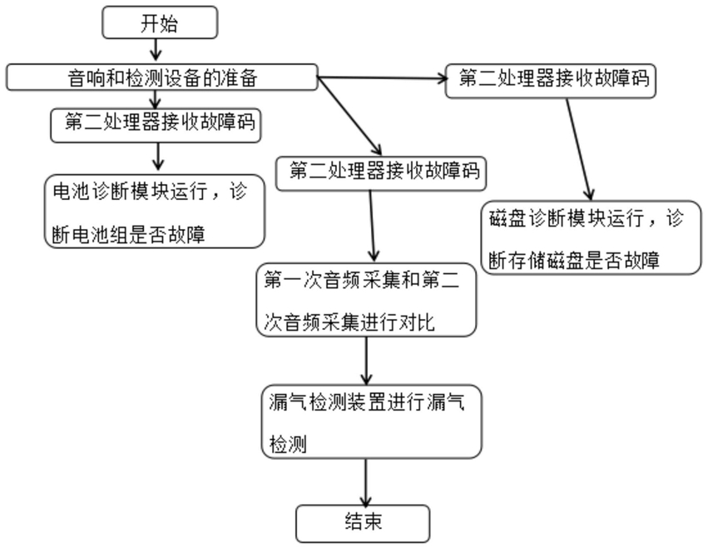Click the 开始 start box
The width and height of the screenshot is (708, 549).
160,23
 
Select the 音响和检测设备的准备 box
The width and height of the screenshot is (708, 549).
161,78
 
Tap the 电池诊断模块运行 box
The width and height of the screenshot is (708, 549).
154,212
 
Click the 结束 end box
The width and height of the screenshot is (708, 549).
364,523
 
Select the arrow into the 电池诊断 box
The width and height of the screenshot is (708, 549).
159,157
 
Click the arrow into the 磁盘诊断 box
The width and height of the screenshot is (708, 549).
580,151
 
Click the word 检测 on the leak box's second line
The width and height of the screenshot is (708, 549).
285,445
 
